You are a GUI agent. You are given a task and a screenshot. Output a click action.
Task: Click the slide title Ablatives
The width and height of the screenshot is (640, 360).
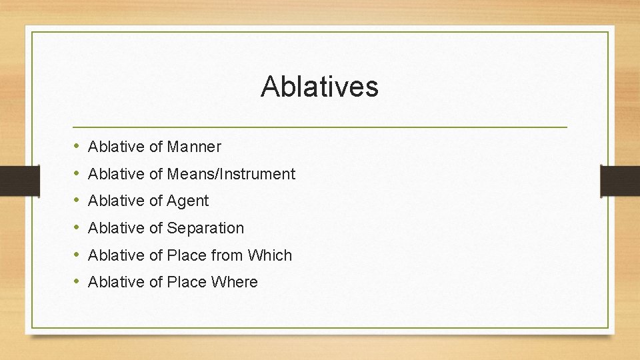[x=319, y=86]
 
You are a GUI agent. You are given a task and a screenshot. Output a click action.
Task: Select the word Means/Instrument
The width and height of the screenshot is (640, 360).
[x=231, y=174]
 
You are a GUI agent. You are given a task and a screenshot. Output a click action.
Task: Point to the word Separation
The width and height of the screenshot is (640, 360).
[x=205, y=228]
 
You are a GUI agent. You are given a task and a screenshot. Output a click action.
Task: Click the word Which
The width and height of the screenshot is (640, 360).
[x=270, y=255]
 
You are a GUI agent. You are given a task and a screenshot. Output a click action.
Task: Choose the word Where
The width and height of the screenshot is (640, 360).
[x=234, y=282]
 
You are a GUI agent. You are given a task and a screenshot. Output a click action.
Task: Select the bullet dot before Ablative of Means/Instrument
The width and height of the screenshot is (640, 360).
[x=77, y=173]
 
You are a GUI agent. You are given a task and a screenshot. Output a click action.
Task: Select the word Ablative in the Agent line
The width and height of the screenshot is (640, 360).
[x=116, y=201]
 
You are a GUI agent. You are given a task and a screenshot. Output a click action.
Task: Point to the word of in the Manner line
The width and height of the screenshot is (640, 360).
[x=156, y=146]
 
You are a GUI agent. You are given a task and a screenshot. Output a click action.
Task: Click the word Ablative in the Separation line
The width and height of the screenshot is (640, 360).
[x=116, y=228]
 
